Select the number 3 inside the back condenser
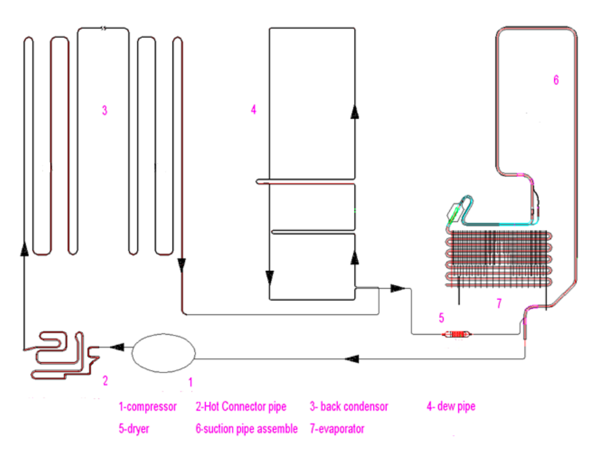click(104, 110)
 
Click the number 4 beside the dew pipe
click(254, 110)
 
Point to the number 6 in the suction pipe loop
click(555, 80)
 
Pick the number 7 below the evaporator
click(499, 304)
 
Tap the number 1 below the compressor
click(190, 381)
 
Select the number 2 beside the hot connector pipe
click(105, 381)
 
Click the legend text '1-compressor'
click(148, 406)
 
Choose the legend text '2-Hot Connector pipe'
click(241, 406)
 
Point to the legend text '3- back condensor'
click(348, 406)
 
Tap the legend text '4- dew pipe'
click(451, 406)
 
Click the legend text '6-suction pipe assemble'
click(246, 429)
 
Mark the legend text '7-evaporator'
click(337, 429)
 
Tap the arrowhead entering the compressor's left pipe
click(117, 347)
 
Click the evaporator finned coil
click(499, 259)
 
